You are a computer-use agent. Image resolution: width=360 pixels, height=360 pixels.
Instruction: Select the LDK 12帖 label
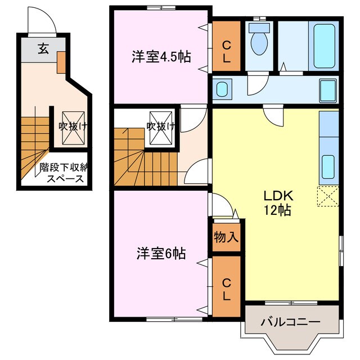click(277, 202)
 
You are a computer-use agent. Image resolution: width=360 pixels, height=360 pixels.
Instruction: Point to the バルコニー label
click(290, 322)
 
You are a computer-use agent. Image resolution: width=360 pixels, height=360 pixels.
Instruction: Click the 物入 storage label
click(226, 237)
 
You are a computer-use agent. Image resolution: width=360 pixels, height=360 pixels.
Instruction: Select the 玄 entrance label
click(43, 49)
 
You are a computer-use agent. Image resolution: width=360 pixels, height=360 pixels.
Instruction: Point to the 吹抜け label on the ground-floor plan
click(74, 127)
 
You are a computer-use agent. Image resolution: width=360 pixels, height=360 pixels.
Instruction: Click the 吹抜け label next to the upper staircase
click(160, 127)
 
